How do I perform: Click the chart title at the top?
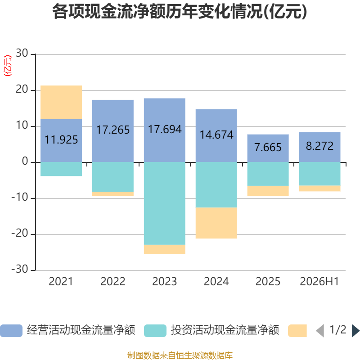click(180, 12)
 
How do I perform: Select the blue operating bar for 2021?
click(61, 140)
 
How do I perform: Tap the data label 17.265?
click(113, 130)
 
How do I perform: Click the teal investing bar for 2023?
click(165, 203)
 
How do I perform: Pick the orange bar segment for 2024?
click(216, 223)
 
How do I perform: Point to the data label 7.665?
click(268, 148)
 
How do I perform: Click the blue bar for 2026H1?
click(319, 147)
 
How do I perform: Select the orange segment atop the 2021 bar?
click(61, 103)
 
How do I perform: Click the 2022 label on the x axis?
click(113, 282)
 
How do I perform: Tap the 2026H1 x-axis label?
click(319, 282)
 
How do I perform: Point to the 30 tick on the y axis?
click(22, 53)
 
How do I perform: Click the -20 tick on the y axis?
click(20, 234)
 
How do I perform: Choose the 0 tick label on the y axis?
click(25, 162)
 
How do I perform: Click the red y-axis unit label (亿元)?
click(8, 66)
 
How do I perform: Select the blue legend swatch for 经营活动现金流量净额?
click(11, 331)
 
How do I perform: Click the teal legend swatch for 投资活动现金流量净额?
click(155, 331)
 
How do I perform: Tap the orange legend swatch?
click(297, 331)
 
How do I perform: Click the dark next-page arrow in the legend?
click(355, 331)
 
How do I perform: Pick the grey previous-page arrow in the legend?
click(320, 331)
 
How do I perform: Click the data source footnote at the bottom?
click(180, 355)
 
